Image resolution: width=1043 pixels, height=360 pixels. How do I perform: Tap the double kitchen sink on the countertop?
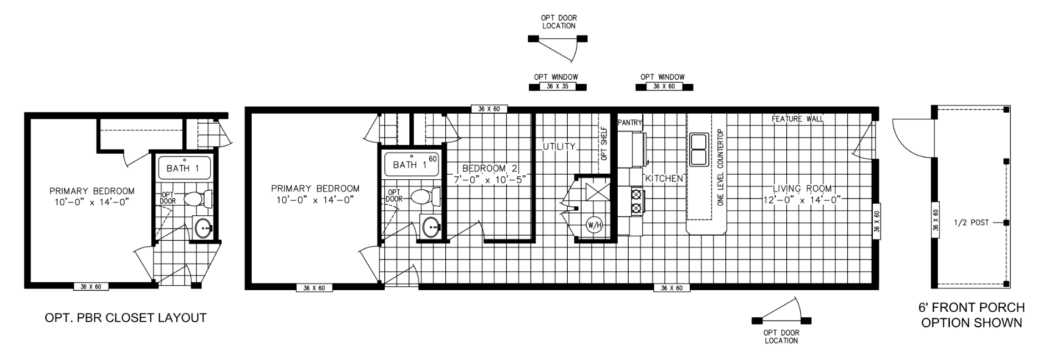click(698, 150)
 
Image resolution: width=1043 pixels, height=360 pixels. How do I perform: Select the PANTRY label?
click(629, 123)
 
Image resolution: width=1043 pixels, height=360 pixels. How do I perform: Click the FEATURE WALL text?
click(797, 119)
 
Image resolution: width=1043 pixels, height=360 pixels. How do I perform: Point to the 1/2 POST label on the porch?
click(971, 222)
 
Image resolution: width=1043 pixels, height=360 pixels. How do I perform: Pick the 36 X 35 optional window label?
click(558, 87)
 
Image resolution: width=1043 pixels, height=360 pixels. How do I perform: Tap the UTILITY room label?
click(559, 147)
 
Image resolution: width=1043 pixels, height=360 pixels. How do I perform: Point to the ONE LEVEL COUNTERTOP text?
click(720, 168)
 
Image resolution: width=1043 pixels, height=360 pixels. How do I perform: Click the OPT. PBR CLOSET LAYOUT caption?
click(125, 318)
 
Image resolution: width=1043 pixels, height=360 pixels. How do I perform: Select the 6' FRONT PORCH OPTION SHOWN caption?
click(971, 315)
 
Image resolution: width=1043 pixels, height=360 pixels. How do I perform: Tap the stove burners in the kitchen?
click(635, 201)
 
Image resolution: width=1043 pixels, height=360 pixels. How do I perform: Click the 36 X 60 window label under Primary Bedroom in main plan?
click(314, 288)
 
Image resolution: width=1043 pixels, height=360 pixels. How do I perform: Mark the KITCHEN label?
click(663, 179)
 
